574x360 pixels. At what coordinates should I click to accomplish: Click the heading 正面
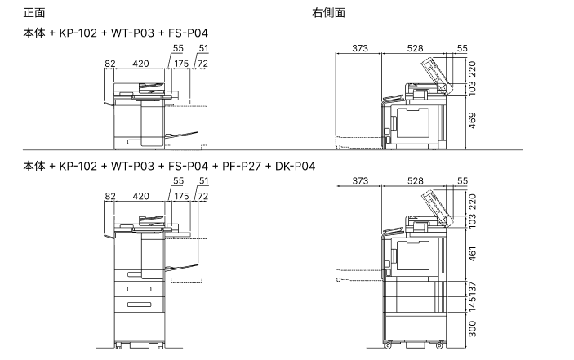pos(34,12)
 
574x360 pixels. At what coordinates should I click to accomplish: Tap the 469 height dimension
pos(473,120)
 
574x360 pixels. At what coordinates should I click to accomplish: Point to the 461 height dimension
pos(473,254)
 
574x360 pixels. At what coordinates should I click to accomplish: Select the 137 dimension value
pos(473,288)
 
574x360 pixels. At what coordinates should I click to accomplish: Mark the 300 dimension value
pos(473,331)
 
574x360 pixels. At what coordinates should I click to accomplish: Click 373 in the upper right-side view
pos(360,48)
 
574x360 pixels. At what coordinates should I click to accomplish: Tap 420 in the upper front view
pos(140,62)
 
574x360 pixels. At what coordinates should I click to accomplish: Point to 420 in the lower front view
pos(140,196)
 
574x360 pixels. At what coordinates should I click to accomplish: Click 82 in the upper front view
pos(111,62)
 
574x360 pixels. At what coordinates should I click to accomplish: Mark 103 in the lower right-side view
pos(473,220)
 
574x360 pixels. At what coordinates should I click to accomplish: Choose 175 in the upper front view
pos(181,62)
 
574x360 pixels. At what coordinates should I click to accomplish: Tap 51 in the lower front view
pos(203,181)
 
